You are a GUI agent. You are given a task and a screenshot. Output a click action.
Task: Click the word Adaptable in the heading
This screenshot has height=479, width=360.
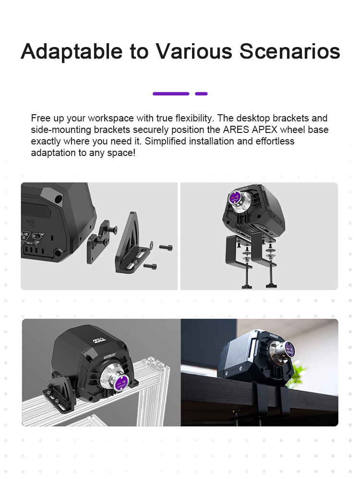point(72,51)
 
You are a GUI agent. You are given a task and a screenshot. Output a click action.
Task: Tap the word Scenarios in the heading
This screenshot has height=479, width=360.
point(289,51)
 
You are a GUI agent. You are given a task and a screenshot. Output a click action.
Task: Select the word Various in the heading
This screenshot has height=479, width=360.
point(194,51)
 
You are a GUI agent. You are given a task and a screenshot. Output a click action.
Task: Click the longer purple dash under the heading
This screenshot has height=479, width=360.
point(171,94)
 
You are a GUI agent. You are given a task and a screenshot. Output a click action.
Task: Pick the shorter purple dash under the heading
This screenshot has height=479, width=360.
point(201,94)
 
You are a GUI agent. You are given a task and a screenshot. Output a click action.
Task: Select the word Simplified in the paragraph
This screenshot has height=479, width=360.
point(165,141)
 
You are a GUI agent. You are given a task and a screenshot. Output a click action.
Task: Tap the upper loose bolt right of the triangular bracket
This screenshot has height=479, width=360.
point(166,247)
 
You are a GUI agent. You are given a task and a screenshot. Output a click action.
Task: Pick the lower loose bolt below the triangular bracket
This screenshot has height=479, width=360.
point(150,266)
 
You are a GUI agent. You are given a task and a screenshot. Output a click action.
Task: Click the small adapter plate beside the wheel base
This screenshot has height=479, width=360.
point(98,241)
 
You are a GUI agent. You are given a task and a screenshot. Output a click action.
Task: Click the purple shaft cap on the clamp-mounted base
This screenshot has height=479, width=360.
point(235,197)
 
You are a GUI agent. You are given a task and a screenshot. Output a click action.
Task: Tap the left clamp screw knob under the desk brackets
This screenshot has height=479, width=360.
point(246,287)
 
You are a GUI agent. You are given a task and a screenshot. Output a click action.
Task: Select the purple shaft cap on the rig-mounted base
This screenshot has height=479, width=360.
point(121,383)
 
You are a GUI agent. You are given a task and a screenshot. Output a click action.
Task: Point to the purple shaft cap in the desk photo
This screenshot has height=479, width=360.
point(289,349)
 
